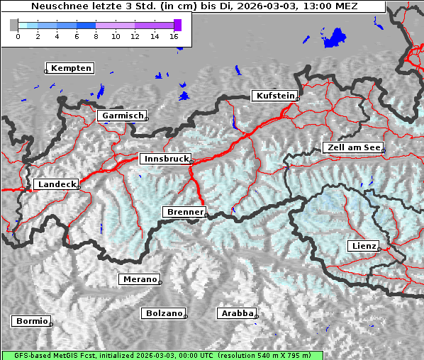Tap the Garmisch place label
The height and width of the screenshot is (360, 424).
click(x=123, y=116)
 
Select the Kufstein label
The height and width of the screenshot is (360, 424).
click(x=275, y=96)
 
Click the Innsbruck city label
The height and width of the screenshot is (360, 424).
click(x=165, y=159)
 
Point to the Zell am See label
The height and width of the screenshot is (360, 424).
click(x=352, y=147)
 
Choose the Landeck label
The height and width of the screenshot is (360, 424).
click(x=56, y=184)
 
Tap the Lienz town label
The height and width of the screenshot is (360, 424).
click(x=364, y=246)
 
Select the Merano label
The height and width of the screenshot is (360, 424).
click(x=139, y=279)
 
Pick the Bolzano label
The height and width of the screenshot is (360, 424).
click(x=164, y=313)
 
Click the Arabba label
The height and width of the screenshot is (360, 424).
click(x=236, y=313)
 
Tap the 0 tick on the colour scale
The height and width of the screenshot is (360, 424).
click(x=18, y=36)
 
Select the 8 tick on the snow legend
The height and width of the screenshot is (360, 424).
click(x=96, y=36)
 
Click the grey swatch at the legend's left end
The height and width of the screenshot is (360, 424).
click(x=13, y=25)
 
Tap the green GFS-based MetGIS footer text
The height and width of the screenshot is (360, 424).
click(x=162, y=355)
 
